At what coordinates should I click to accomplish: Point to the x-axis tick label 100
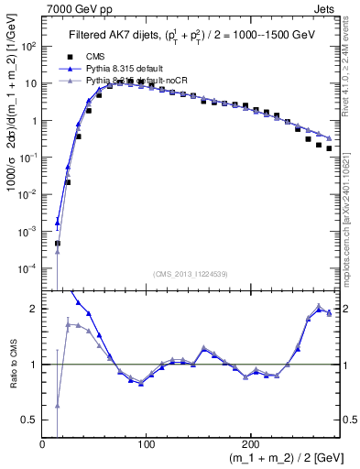(x=146, y=444)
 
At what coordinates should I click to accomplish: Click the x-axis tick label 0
(x=43, y=444)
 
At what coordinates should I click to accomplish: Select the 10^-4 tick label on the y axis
(x=28, y=268)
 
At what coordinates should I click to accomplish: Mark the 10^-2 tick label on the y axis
(x=28, y=194)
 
